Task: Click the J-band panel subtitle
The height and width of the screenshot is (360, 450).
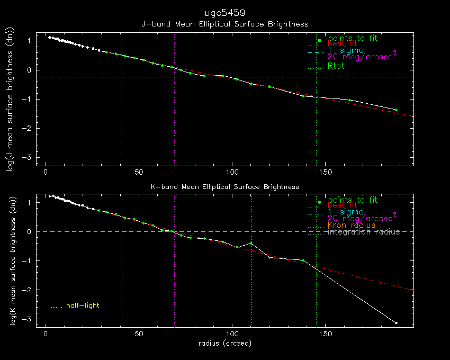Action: coord(224,24)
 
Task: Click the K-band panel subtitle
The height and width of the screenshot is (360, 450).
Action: coord(224,187)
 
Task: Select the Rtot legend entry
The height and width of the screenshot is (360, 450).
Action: coord(336,66)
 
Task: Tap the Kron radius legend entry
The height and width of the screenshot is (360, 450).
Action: coord(351,225)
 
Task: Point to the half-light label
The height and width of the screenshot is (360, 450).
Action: coord(82,305)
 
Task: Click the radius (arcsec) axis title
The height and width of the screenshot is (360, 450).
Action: coord(224,344)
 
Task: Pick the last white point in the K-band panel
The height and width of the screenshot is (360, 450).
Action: coord(396,323)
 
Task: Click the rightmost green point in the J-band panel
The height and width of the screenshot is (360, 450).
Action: coord(396,110)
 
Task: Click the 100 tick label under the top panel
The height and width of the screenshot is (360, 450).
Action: coord(232,172)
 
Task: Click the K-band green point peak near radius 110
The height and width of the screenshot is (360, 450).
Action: coord(251,244)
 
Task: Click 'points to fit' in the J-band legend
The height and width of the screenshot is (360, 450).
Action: coord(353,38)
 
